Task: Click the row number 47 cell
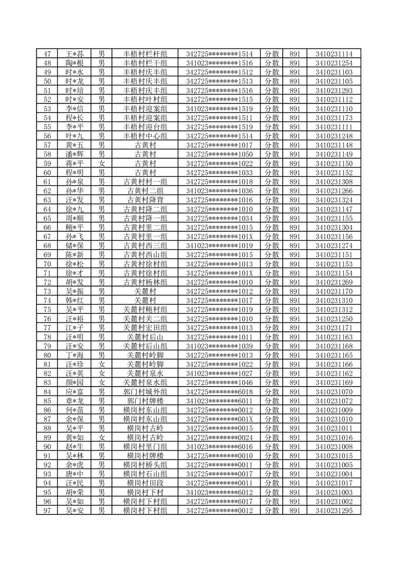click(x=48, y=54)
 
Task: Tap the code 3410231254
click(x=334, y=63)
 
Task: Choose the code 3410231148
click(x=334, y=145)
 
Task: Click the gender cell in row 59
click(x=102, y=163)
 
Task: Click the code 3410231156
click(x=334, y=236)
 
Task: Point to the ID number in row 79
click(x=219, y=346)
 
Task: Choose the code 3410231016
click(x=334, y=437)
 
